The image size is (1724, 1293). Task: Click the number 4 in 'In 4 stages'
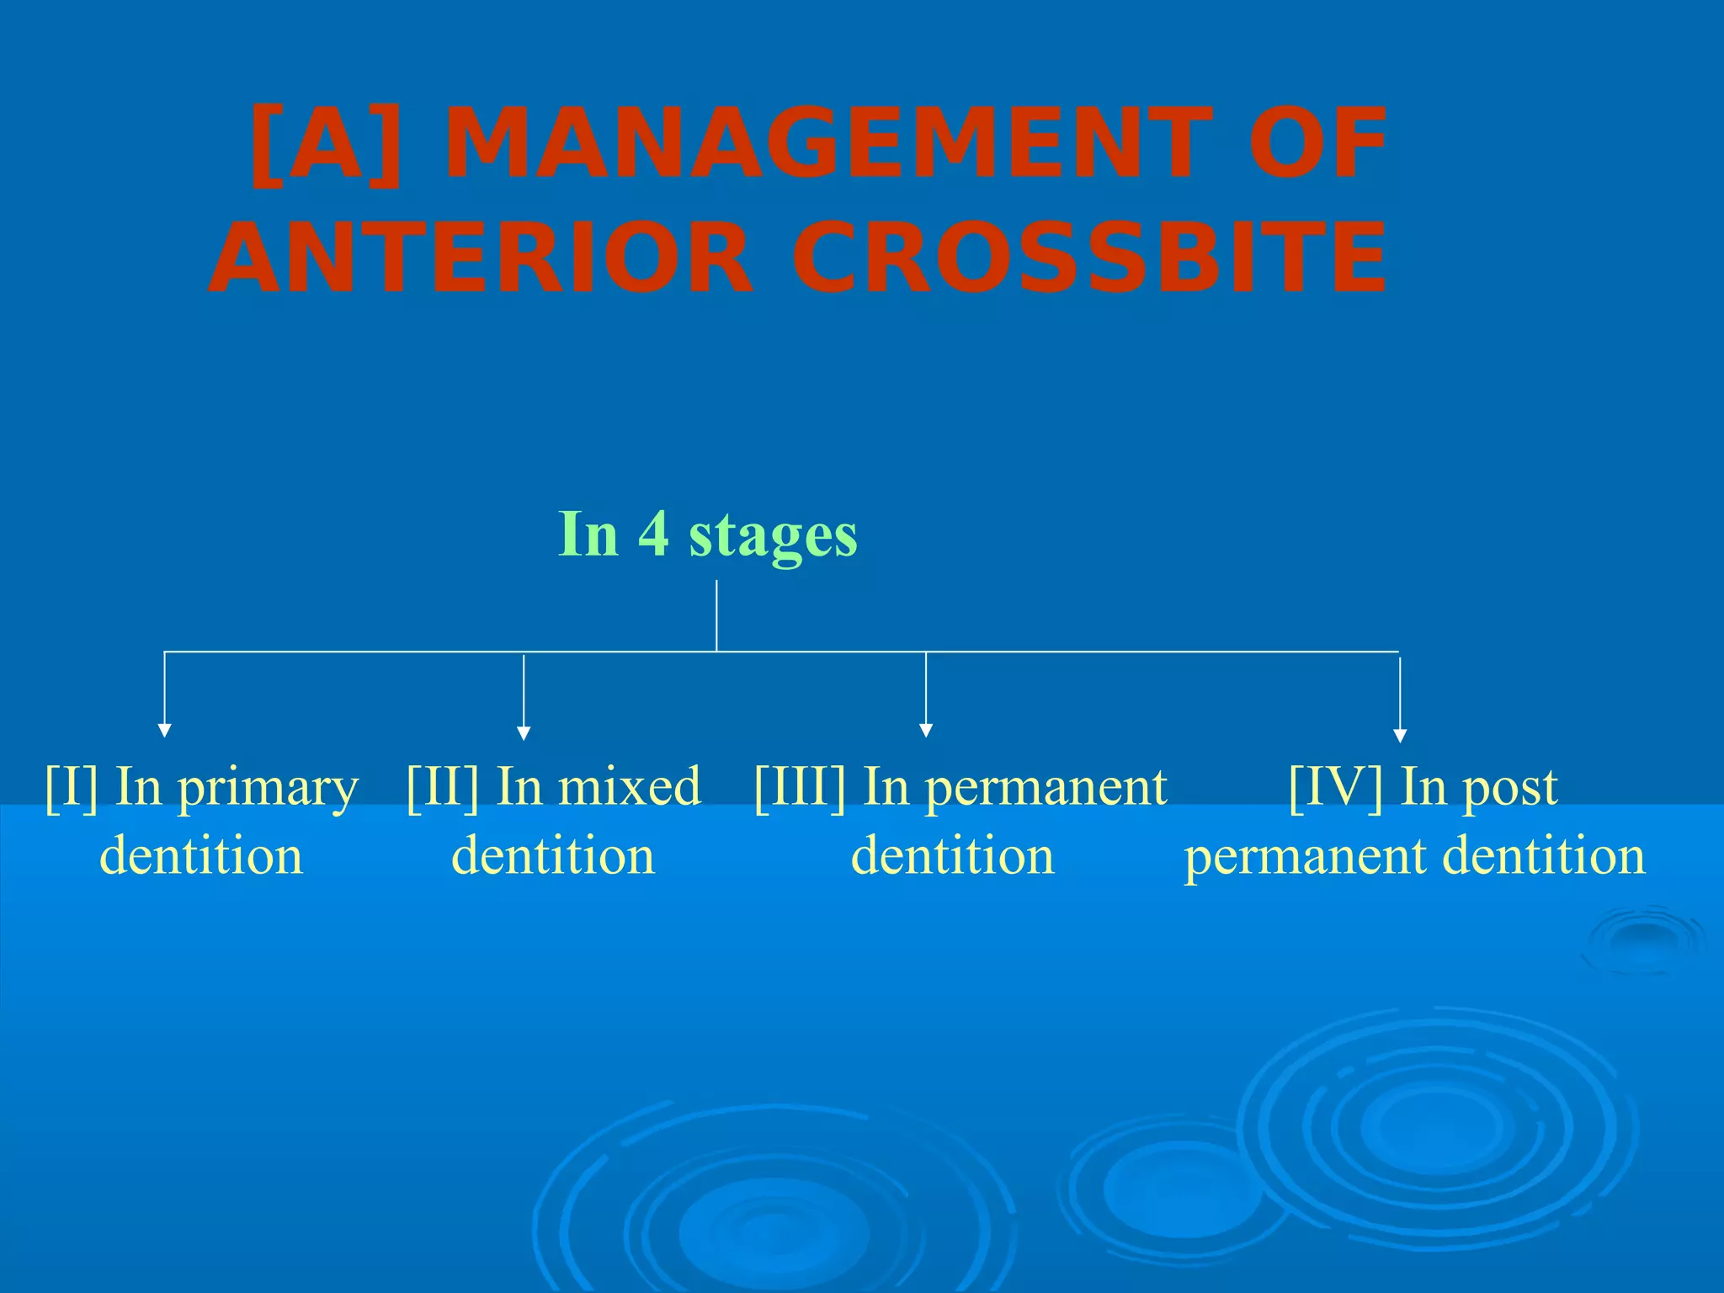coord(653,534)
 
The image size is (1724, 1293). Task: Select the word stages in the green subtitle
coord(773,535)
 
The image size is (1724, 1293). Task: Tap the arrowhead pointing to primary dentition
coord(165,730)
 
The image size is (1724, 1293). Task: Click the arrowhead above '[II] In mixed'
coord(524,732)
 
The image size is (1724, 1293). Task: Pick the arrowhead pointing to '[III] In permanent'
coord(926,730)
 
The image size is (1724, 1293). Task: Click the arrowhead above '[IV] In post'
coord(1400,735)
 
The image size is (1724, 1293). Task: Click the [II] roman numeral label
coord(443,788)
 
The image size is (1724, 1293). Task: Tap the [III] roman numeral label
coord(800,788)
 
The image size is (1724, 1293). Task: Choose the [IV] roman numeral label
coord(1335,788)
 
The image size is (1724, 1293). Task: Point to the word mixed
coord(630,786)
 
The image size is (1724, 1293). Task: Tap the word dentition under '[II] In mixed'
coord(553,856)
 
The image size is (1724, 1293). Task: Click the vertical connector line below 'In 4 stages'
coord(716,615)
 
